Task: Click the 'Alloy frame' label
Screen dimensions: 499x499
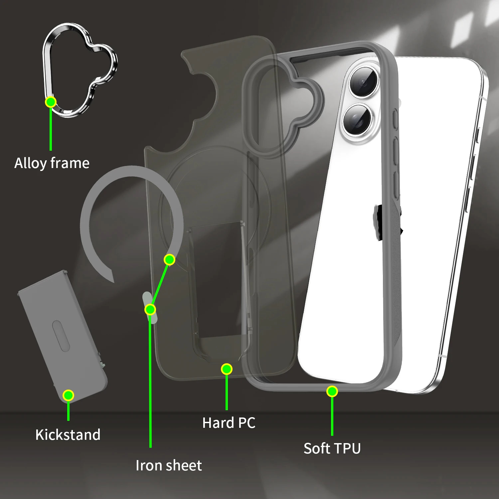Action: pyautogui.click(x=52, y=163)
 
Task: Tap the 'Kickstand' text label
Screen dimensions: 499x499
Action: pyautogui.click(x=68, y=435)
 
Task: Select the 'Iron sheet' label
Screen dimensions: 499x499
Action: pyautogui.click(x=169, y=465)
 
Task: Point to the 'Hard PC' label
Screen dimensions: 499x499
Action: pyautogui.click(x=229, y=423)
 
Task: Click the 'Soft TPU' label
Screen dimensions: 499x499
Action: pyautogui.click(x=332, y=448)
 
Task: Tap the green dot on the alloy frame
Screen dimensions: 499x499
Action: pyautogui.click(x=51, y=102)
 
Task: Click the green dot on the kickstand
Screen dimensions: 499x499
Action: pyautogui.click(x=68, y=395)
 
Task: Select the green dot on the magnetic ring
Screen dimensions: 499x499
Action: pyautogui.click(x=169, y=259)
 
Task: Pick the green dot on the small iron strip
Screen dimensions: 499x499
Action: pyautogui.click(x=150, y=310)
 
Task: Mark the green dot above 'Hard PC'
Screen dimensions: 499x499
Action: pyautogui.click(x=227, y=369)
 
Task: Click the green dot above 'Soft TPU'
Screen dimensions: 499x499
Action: pyautogui.click(x=332, y=392)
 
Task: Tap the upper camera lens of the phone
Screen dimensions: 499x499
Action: pyautogui.click(x=364, y=81)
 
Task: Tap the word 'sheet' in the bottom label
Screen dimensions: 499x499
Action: pyautogui.click(x=185, y=465)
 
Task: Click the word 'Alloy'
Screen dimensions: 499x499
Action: pyautogui.click(x=30, y=163)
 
